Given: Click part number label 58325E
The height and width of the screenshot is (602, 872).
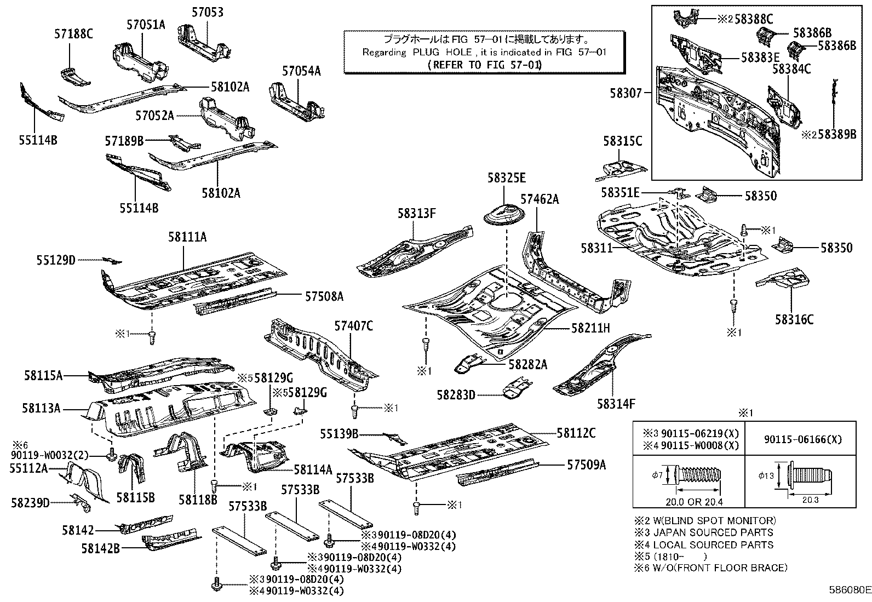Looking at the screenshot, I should [x=507, y=177].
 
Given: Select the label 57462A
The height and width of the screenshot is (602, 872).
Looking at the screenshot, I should [x=540, y=199].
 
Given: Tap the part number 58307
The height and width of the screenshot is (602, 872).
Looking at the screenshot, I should [x=625, y=94].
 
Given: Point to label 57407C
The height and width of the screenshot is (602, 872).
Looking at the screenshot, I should [x=354, y=326].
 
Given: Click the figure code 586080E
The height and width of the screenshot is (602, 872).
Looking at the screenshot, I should [x=849, y=590].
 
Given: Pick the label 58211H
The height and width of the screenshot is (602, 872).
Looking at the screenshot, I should [x=590, y=328].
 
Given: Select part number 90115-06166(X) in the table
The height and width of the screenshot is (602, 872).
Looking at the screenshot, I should [x=802, y=439].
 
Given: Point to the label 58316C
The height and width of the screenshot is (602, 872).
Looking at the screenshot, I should [x=794, y=319].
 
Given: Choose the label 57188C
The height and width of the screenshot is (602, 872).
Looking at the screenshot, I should [x=73, y=34].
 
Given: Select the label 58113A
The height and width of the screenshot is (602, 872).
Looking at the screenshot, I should [x=42, y=408].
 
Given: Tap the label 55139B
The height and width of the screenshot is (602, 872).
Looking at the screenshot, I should [x=340, y=434].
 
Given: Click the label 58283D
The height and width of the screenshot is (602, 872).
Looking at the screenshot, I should [x=456, y=394].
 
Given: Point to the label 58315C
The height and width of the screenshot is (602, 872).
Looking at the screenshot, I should [x=623, y=141].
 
